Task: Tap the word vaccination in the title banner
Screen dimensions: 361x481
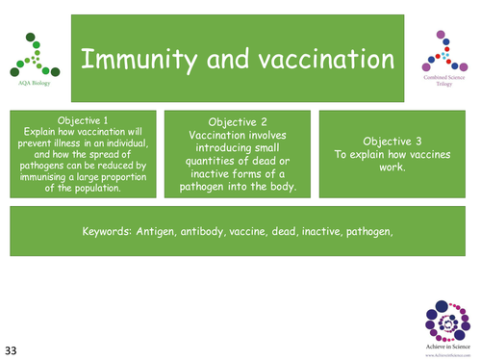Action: pyautogui.click(x=314, y=60)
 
